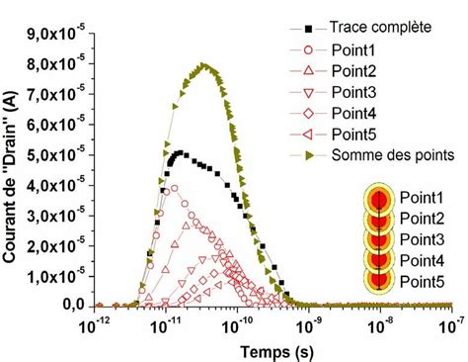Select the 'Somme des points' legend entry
coord(379,154)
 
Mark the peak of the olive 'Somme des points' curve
coord(203,66)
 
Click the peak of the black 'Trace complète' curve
coord(178,153)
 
